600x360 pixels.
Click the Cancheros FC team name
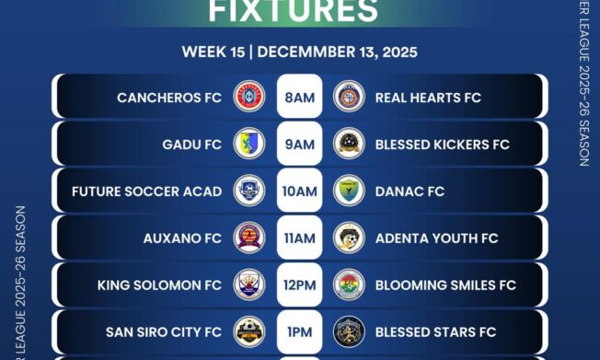click(x=169, y=97)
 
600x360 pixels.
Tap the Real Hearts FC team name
click(x=428, y=97)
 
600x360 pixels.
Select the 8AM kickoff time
click(x=299, y=97)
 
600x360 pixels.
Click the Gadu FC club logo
click(x=249, y=144)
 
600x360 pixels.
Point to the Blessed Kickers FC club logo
click(x=349, y=144)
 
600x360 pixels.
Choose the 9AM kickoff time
click(x=299, y=145)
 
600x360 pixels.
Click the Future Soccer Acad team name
click(x=146, y=192)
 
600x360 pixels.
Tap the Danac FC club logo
click(x=349, y=191)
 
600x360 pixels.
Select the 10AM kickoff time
click(x=299, y=192)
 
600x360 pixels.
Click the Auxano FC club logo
click(x=249, y=238)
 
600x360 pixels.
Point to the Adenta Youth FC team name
click(x=436, y=238)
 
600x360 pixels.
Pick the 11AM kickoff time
click(x=299, y=238)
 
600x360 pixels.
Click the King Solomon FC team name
click(x=159, y=285)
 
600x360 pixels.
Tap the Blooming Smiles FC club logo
click(x=349, y=285)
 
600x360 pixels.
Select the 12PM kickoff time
click(x=299, y=285)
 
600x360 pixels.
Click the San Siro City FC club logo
click(x=249, y=331)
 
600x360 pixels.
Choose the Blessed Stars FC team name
click(x=435, y=331)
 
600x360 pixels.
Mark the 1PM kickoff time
click(x=299, y=331)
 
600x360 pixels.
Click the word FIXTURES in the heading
click(x=293, y=11)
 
